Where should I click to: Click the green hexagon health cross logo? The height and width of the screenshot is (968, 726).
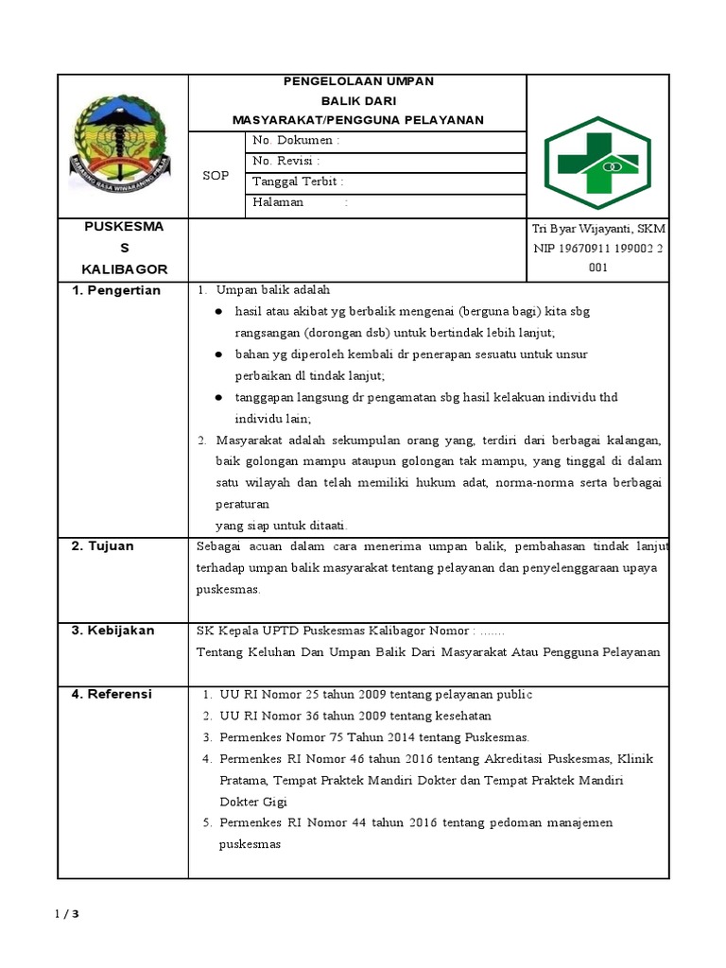(x=597, y=156)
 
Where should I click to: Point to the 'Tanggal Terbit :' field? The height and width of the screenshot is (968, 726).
(x=298, y=181)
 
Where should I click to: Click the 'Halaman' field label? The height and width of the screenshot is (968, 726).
(x=278, y=202)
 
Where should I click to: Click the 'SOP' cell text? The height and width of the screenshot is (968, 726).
(x=216, y=176)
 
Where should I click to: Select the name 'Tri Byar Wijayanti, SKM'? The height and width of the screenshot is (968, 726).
(x=598, y=230)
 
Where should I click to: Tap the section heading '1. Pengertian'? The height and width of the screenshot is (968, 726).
(x=117, y=290)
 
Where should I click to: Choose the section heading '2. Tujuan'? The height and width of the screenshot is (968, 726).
(x=103, y=546)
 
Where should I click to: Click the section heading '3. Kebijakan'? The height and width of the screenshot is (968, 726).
(x=113, y=631)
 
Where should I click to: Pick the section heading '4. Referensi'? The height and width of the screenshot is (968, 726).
(x=112, y=695)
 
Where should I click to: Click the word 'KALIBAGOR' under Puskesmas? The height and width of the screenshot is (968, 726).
(x=124, y=269)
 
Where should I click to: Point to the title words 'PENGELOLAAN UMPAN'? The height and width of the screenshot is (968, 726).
(x=358, y=81)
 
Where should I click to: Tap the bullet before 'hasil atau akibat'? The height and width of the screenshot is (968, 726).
(x=218, y=311)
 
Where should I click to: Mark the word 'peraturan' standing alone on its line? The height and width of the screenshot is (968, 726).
(x=242, y=504)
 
